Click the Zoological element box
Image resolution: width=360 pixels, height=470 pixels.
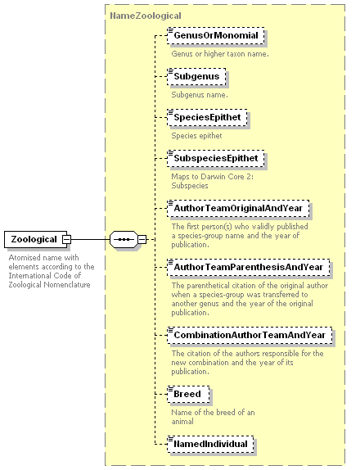coord(36,239)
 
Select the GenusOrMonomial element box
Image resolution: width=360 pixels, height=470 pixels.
coord(216,36)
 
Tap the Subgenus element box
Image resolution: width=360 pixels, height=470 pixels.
coord(196,76)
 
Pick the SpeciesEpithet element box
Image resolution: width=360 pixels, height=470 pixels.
coord(207,118)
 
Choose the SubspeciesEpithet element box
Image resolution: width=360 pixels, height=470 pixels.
coord(216,158)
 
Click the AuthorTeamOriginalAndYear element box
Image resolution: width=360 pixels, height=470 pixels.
coord(238,208)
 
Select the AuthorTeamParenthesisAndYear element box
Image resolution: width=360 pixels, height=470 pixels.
coord(248,268)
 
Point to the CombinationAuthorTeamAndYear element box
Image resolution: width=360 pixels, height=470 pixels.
coord(250,335)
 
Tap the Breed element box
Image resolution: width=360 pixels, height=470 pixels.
coord(188,394)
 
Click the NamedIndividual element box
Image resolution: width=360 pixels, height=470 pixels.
coord(210,444)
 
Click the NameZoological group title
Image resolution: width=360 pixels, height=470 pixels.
coord(146,16)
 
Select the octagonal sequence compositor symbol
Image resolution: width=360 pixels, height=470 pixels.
coord(124,239)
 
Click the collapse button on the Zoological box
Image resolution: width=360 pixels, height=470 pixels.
coord(66,239)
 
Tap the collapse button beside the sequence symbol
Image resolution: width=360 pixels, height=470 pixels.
coord(142,239)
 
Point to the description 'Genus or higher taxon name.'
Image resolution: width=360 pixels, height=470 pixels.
coord(220,54)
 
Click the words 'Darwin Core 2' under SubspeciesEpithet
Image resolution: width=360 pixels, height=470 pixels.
coord(227,177)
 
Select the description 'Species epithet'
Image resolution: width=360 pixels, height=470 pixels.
coord(196,136)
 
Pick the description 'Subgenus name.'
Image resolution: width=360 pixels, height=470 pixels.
coord(200,95)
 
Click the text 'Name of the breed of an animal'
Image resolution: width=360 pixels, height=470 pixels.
coord(213,417)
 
